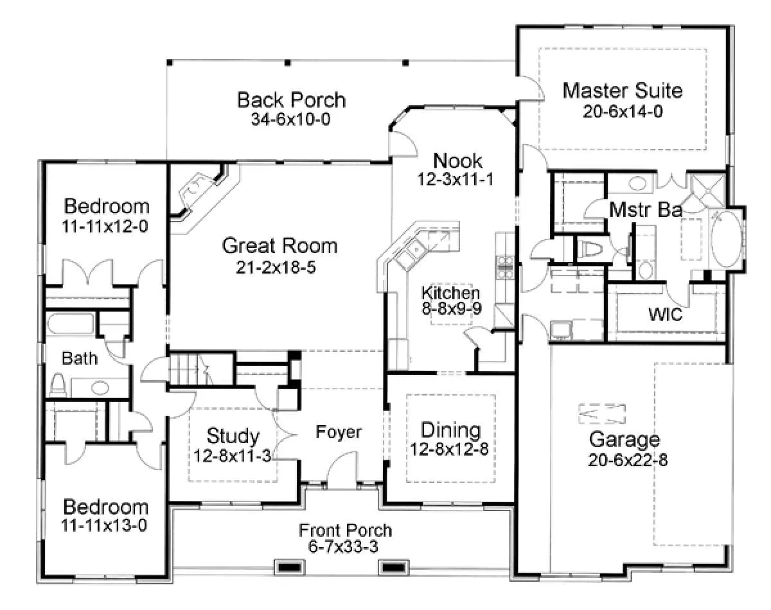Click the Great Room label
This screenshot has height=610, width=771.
point(279,246)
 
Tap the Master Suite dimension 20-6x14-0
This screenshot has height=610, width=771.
point(623,111)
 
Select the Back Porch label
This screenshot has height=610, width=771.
point(291,100)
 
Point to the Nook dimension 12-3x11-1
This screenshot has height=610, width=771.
point(456,179)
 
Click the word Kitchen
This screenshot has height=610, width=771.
point(450,293)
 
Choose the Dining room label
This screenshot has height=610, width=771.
point(450,430)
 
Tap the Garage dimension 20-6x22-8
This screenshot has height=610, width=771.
point(628,460)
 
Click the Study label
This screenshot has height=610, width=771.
point(233,436)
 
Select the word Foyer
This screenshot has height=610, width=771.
point(339,432)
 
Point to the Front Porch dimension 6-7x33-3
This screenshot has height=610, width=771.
point(343,546)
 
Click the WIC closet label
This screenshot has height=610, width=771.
point(666,314)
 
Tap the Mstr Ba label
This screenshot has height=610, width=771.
point(646,209)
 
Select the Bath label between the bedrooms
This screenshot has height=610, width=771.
point(80,358)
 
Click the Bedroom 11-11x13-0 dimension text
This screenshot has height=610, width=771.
point(104,525)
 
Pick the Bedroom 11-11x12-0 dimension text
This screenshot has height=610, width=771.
point(105,227)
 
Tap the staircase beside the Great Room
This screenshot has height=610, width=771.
point(201,369)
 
